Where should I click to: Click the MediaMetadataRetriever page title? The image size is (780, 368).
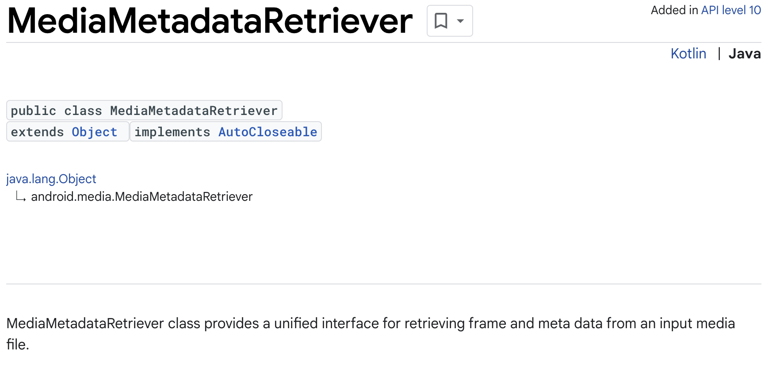(x=210, y=21)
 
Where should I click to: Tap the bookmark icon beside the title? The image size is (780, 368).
(x=441, y=21)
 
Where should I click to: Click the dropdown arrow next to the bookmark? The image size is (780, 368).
(x=460, y=21)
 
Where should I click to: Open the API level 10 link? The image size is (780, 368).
(x=731, y=10)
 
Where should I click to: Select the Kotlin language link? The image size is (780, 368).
(x=688, y=54)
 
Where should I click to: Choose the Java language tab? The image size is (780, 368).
(x=744, y=54)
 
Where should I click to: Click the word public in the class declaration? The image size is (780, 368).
(x=34, y=111)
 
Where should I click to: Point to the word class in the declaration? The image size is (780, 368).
(x=83, y=111)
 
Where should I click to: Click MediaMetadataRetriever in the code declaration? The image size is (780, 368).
(x=194, y=111)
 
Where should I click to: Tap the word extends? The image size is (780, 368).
(x=38, y=132)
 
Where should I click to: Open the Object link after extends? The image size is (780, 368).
(x=95, y=132)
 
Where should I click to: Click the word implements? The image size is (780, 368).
(x=172, y=132)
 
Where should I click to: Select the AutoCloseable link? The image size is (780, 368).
(x=268, y=132)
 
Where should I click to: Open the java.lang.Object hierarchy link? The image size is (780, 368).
(x=51, y=179)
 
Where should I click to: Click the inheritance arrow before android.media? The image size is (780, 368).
(x=21, y=197)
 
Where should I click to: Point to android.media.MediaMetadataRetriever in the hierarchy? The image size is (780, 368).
(x=141, y=196)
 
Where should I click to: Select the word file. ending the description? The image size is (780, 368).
(x=18, y=344)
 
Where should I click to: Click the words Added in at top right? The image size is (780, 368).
(x=674, y=10)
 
